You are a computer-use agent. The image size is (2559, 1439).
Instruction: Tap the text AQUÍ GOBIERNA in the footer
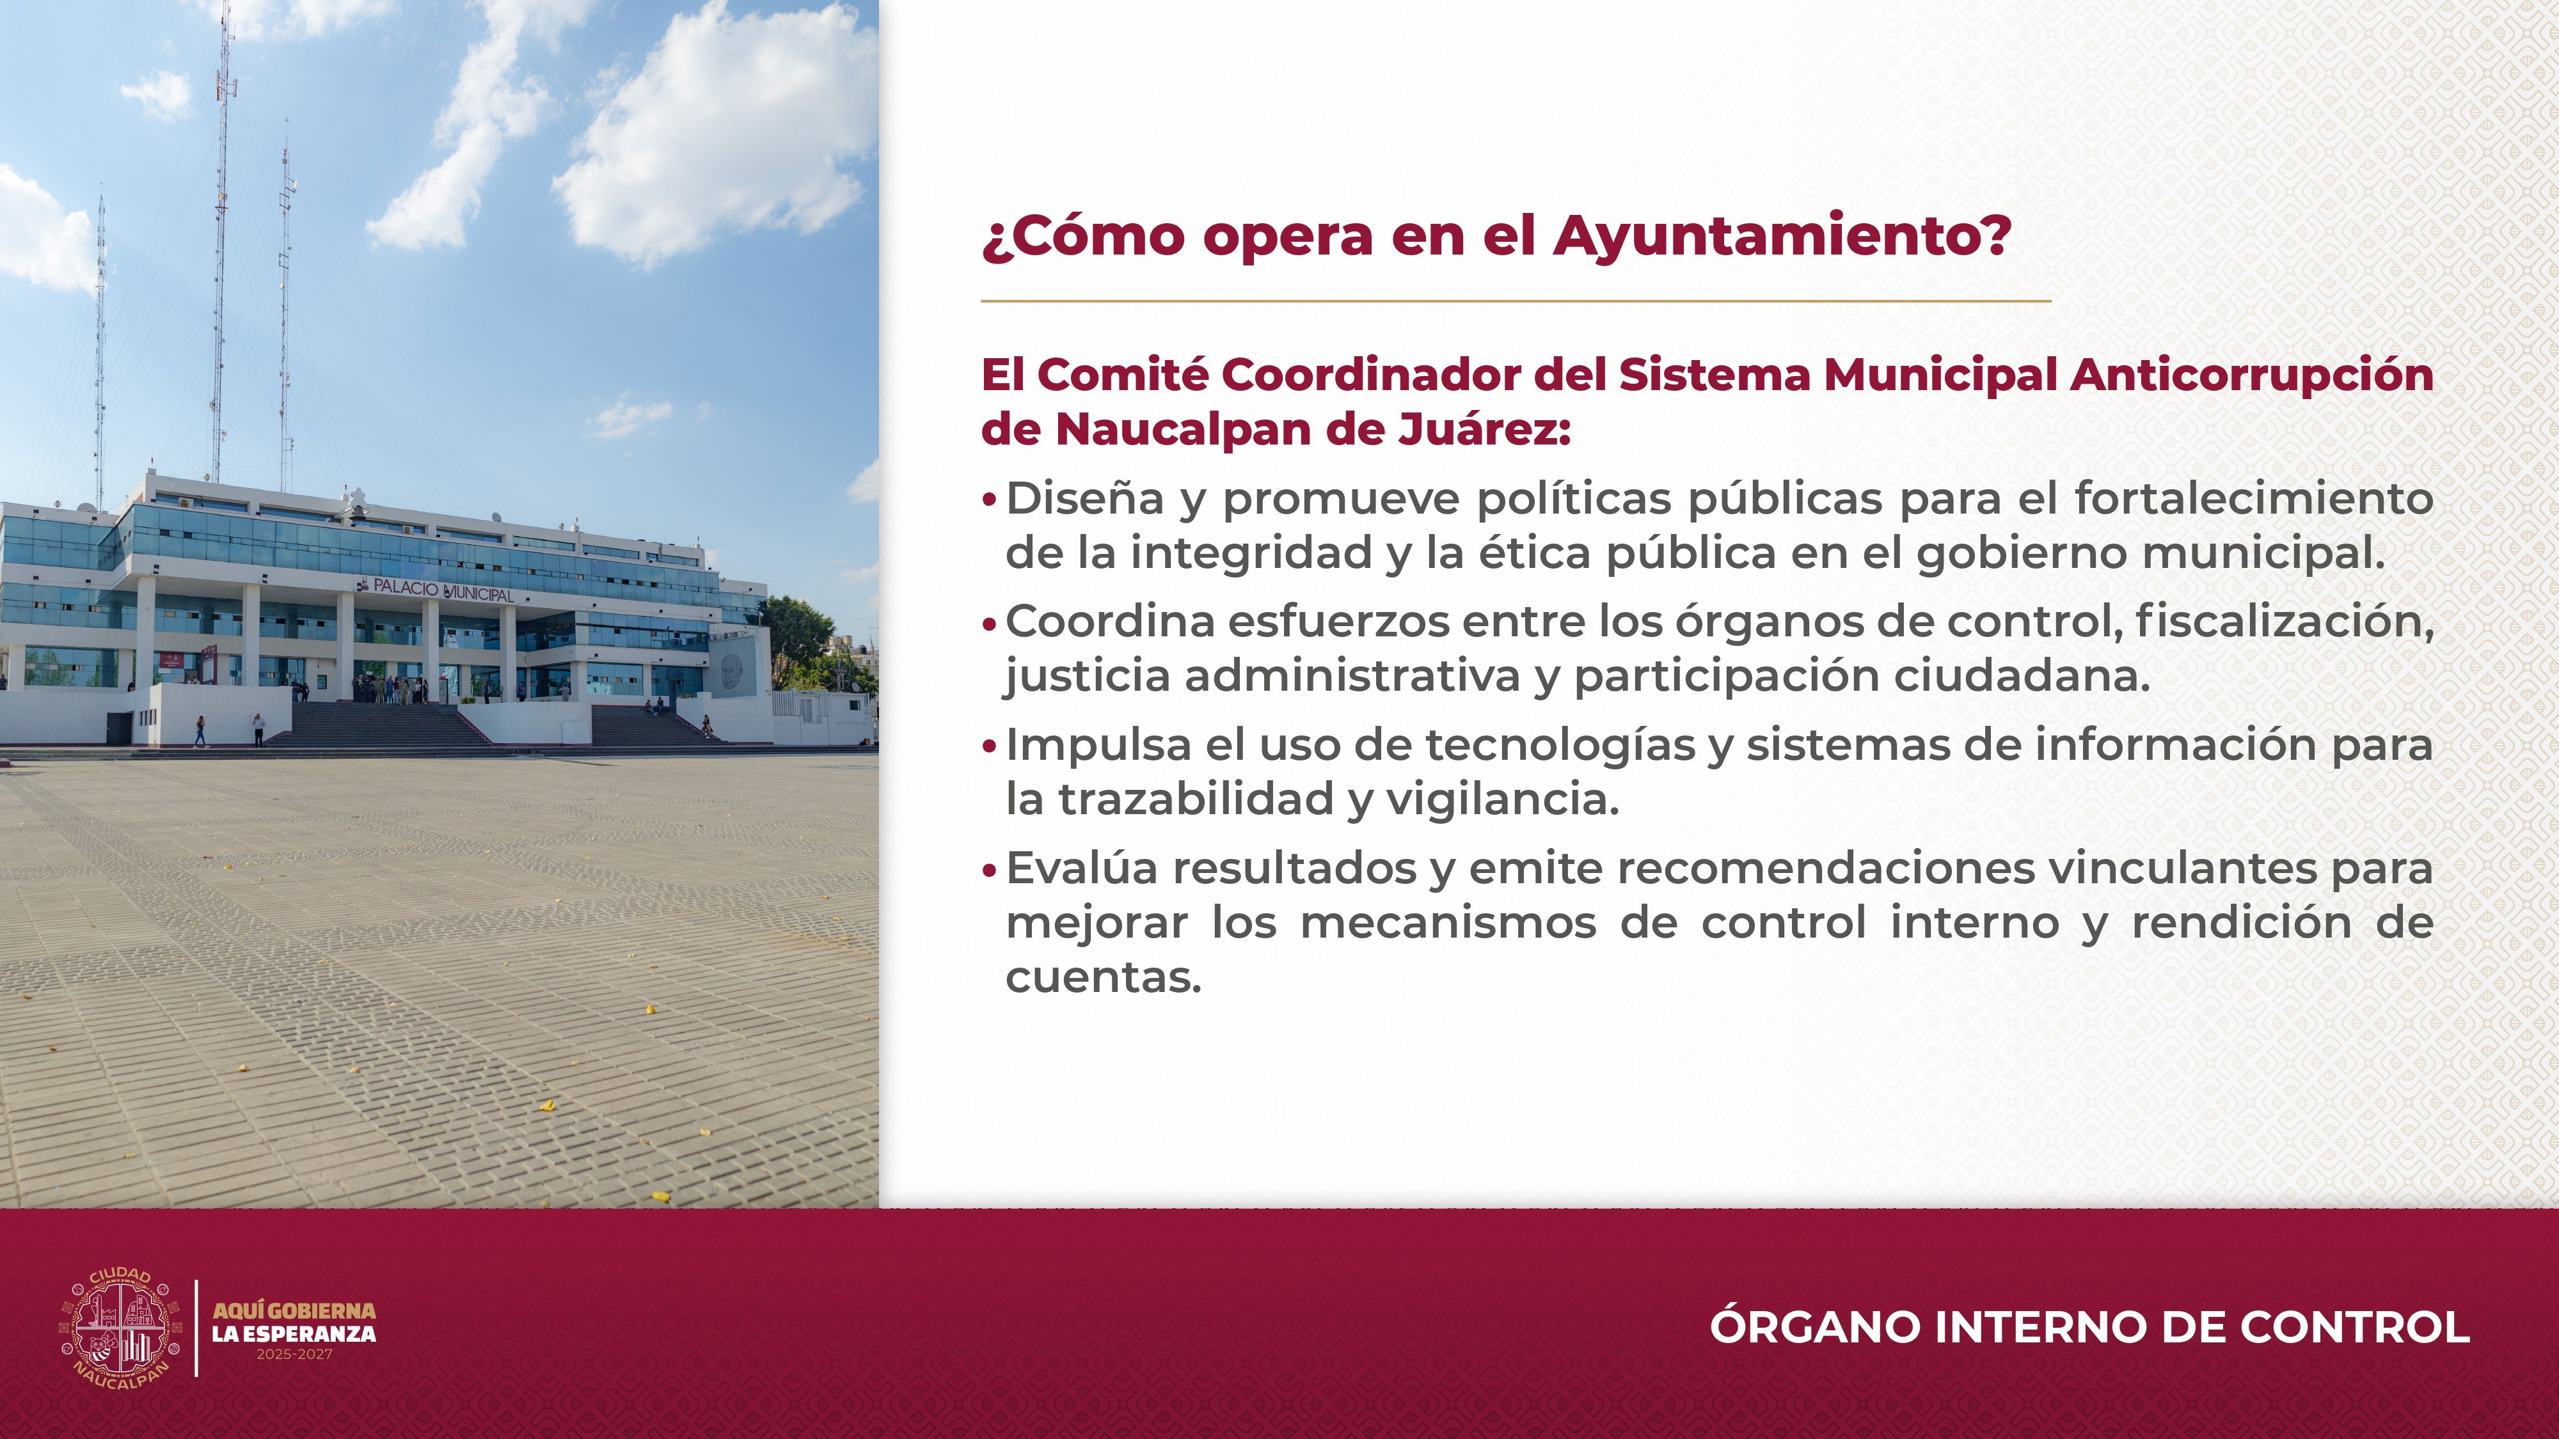click(294, 1311)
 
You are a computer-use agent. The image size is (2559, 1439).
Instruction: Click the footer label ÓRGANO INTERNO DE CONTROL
click(2089, 1328)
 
